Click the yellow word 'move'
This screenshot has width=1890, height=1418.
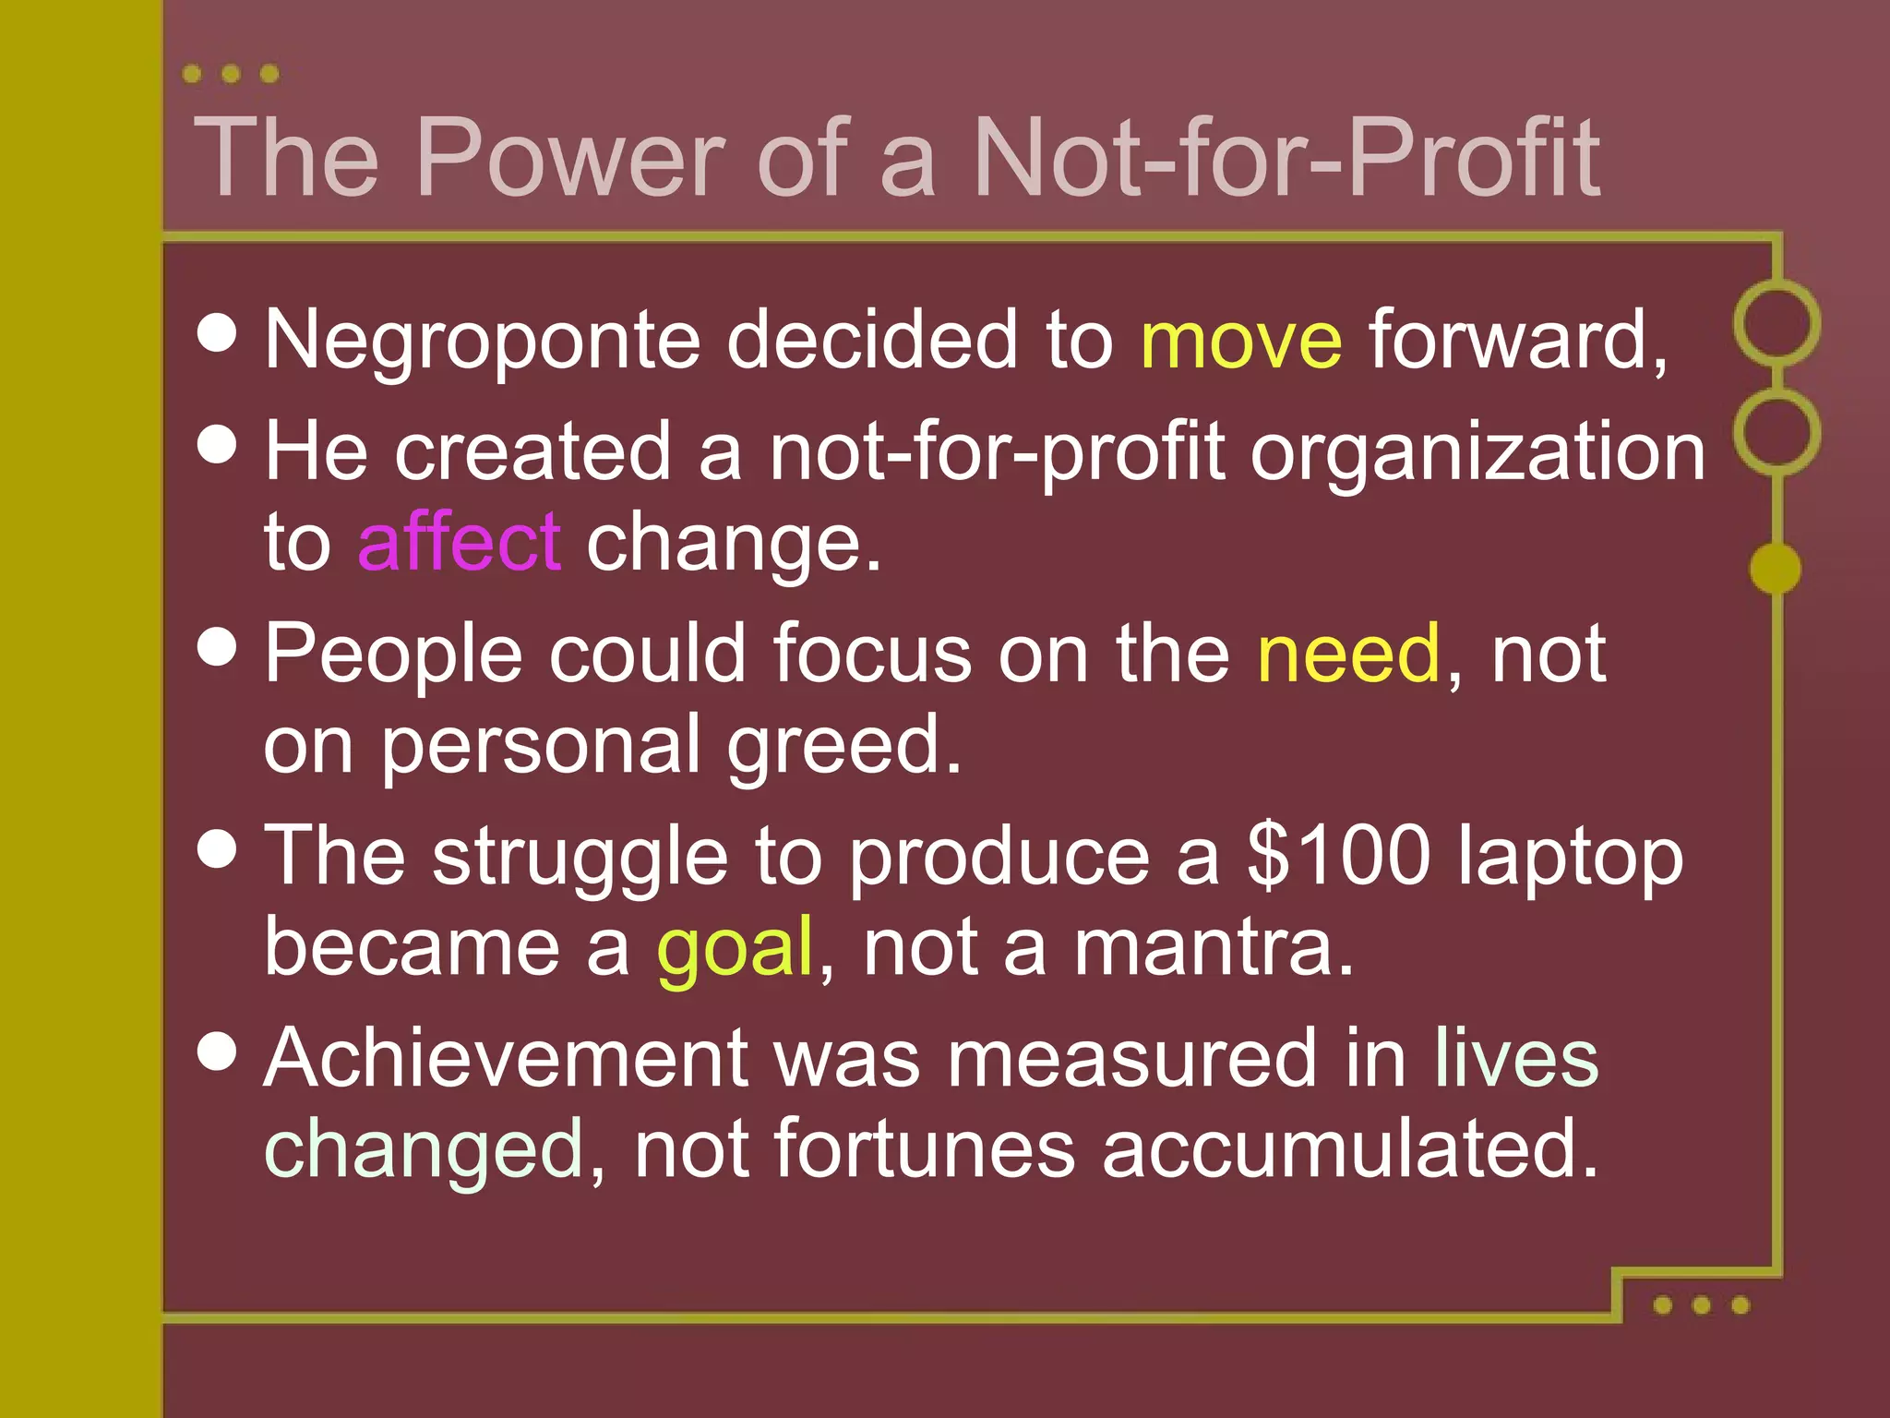point(1241,340)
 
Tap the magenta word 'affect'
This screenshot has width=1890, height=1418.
point(459,542)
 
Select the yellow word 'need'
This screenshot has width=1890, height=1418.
point(1348,654)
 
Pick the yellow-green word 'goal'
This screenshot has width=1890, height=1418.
point(735,948)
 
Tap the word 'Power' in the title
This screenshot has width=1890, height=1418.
point(571,158)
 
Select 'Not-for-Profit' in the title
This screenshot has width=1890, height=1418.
point(1286,158)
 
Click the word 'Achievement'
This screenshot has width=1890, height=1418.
point(506,1058)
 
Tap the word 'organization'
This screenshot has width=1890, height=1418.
point(1477,452)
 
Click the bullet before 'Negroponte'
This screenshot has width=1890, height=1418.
point(218,332)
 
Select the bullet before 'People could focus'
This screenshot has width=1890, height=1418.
point(218,646)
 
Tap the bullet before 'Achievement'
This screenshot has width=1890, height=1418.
point(218,1051)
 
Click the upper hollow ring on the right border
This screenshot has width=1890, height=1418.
point(1776,323)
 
